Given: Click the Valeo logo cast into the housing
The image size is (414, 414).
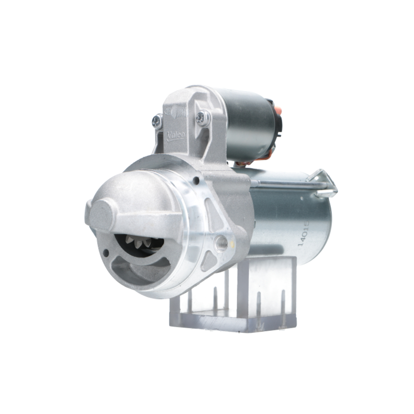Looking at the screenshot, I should pyautogui.click(x=176, y=135).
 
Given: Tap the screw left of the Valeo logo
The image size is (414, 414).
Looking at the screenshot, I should pyautogui.click(x=157, y=120).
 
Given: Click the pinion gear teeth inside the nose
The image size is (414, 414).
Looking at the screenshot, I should pyautogui.click(x=137, y=242).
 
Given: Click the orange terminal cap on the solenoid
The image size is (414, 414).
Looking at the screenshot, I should pyautogui.click(x=278, y=110).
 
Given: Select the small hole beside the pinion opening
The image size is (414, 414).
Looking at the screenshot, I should pyautogui.click(x=106, y=253).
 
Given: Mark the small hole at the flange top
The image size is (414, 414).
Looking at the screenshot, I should pyautogui.click(x=196, y=180).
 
